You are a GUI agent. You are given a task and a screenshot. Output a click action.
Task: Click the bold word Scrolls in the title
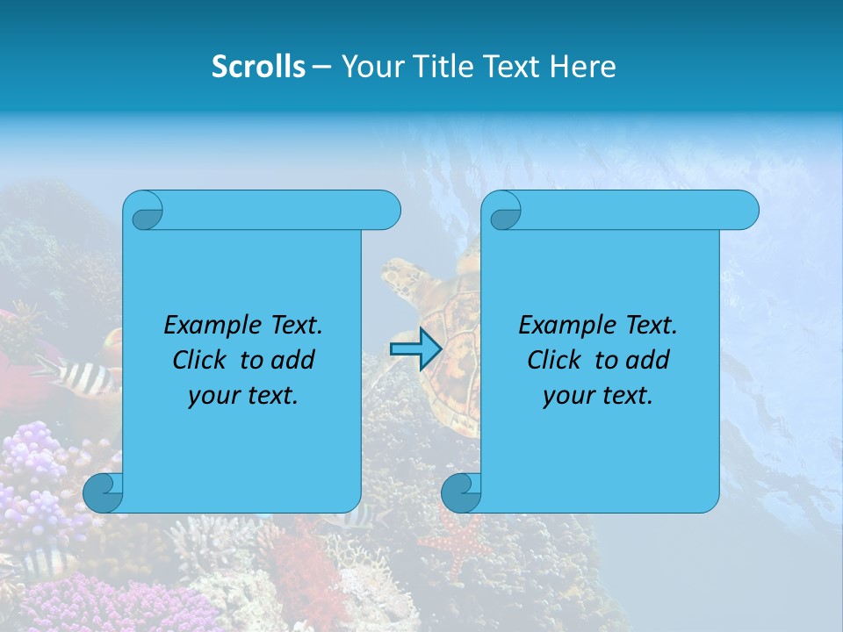click(x=258, y=66)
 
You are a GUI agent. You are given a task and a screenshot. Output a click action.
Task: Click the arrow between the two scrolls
click(x=415, y=349)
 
